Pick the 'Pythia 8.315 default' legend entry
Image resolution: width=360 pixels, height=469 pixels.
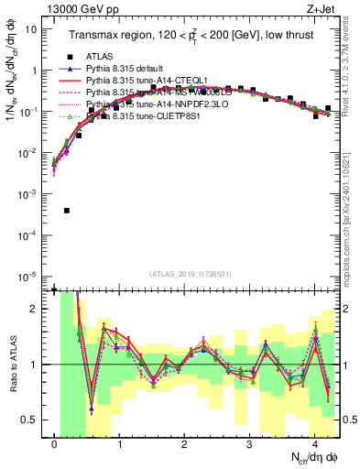[132, 69]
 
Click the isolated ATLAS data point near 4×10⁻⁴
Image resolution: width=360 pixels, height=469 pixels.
[67, 211]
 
